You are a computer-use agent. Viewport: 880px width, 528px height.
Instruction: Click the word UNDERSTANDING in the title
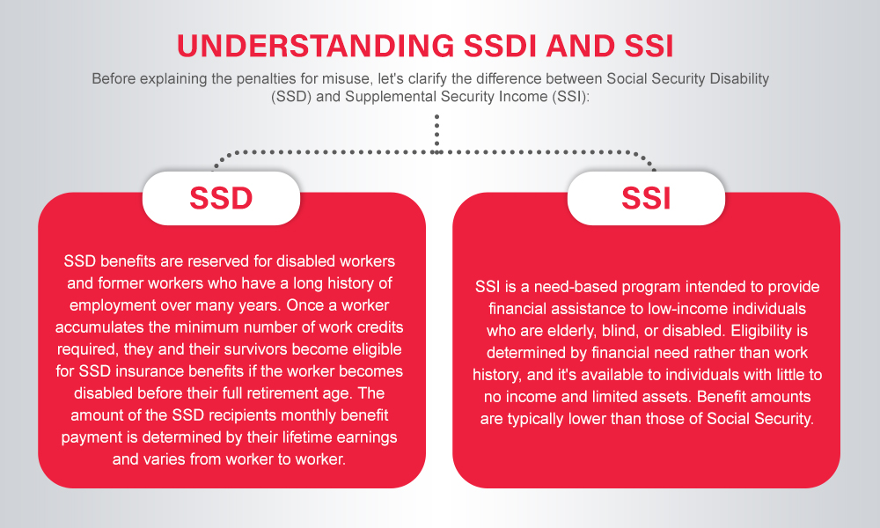[x=315, y=46]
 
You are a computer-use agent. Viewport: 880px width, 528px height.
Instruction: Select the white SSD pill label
[x=221, y=198]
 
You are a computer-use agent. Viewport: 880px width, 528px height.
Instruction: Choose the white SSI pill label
[x=646, y=198]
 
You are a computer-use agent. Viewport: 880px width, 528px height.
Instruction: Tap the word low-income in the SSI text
[x=683, y=309]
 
